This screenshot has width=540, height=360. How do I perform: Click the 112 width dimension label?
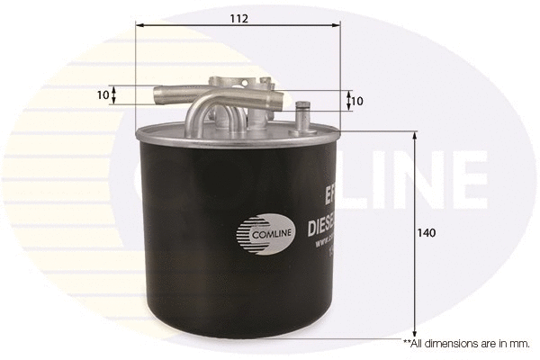tap(238, 18)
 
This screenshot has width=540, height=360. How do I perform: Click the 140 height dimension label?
tap(427, 233)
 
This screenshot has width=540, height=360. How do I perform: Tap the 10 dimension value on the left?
tap(103, 94)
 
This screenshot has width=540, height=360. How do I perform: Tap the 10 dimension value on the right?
tap(358, 101)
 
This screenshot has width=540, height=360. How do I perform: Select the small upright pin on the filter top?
tap(302, 118)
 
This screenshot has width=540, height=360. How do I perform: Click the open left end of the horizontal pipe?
tap(158, 93)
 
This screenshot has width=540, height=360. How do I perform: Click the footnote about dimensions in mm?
tap(466, 343)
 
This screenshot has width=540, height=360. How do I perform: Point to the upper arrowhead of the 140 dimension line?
tap(414, 136)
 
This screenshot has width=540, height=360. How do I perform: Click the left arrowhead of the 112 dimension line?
tap(139, 27)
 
